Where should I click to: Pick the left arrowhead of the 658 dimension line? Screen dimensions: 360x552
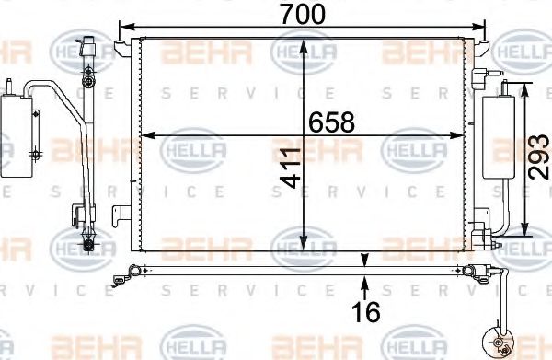[145, 134]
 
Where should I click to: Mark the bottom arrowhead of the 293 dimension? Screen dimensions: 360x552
[525, 231]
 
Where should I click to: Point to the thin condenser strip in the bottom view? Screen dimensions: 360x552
[304, 270]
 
